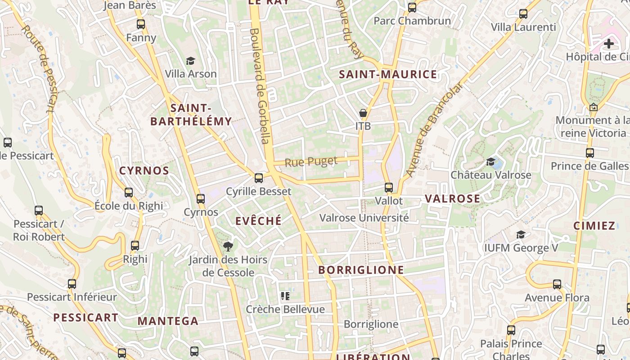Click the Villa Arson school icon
[191, 61]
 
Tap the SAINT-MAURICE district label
[388, 74]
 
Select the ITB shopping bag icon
[363, 113]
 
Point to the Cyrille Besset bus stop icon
[259, 178]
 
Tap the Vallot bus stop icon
[389, 188]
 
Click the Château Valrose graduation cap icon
[491, 162]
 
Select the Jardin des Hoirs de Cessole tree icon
[228, 246]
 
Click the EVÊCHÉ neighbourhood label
[259, 220]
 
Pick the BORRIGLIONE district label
[361, 270]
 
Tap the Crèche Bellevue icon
[285, 296]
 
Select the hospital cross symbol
[609, 44]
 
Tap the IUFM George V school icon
[521, 234]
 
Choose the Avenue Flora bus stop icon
[557, 284]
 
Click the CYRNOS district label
[144, 171]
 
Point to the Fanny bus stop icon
[141, 24]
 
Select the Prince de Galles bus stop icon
[590, 153]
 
